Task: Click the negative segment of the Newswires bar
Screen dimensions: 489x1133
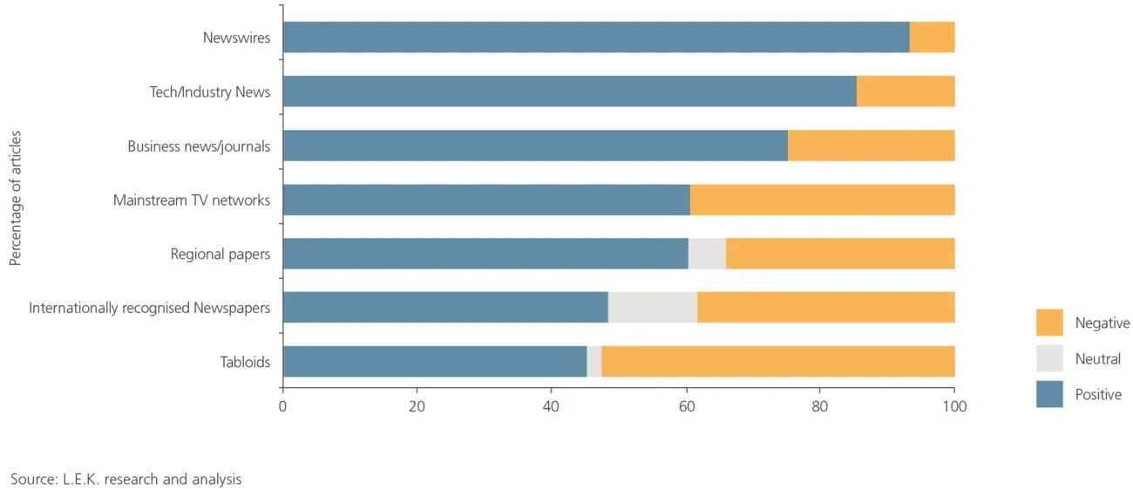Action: click(x=932, y=37)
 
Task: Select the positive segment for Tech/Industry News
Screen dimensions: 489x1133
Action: click(x=569, y=92)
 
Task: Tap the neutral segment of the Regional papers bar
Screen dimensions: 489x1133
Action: click(x=707, y=254)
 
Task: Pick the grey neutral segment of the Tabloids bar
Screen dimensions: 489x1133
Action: click(x=594, y=362)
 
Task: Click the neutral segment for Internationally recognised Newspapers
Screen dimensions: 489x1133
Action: click(x=653, y=308)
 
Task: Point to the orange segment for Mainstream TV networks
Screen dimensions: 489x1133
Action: click(x=822, y=200)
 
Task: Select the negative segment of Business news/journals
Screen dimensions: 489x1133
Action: click(x=871, y=146)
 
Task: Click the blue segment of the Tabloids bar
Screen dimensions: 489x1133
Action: click(x=434, y=362)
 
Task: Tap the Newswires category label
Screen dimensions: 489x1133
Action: click(x=236, y=37)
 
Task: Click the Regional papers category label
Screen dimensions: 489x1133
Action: click(x=220, y=255)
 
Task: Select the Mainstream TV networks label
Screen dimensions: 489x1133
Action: click(x=192, y=200)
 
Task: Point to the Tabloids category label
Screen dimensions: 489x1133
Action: click(x=245, y=363)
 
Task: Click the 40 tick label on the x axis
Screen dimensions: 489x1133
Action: click(x=551, y=406)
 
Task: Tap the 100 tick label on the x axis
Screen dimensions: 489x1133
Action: click(x=954, y=406)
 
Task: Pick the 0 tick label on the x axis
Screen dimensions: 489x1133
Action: click(x=282, y=406)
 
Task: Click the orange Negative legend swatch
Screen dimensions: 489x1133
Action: click(x=1049, y=323)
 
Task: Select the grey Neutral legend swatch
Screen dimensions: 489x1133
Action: click(x=1049, y=358)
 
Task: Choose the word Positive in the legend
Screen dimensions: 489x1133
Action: click(x=1098, y=395)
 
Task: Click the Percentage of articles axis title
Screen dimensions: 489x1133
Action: click(x=16, y=199)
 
